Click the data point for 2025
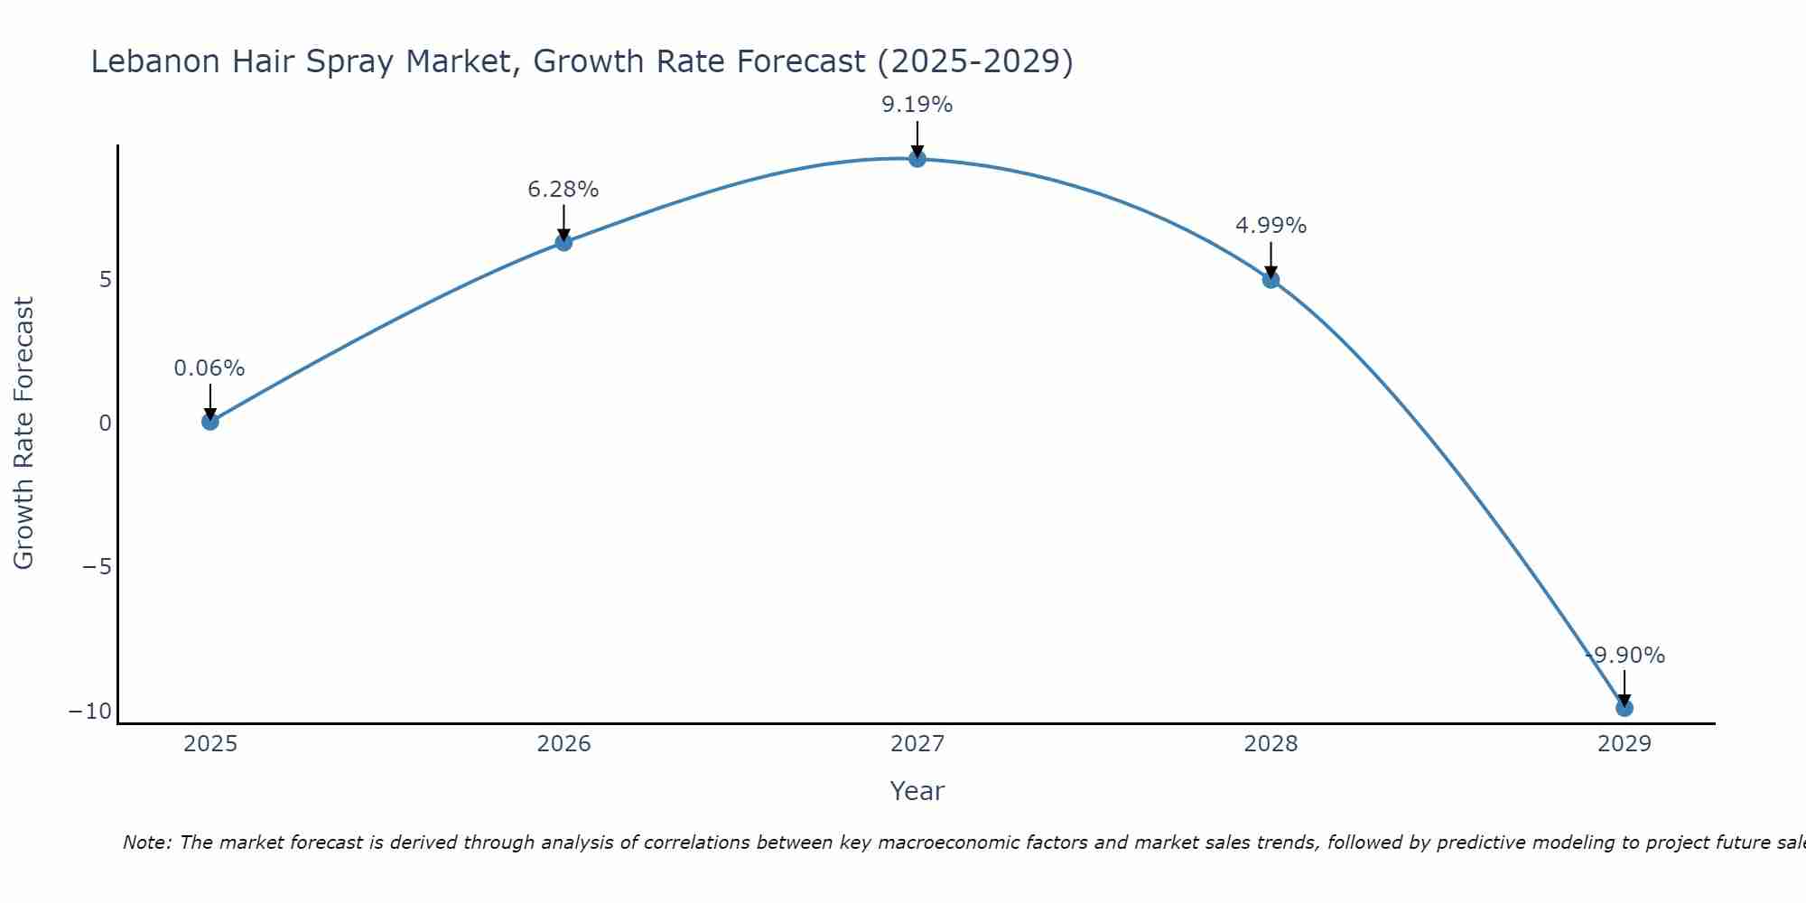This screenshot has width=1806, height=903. click(x=210, y=421)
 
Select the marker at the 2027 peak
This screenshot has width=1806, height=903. click(x=917, y=159)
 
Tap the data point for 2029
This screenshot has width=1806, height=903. click(x=1624, y=708)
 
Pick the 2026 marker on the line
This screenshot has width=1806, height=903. click(x=563, y=242)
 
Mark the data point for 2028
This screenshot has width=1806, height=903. click(x=1271, y=280)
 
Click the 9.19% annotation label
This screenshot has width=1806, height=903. click(x=917, y=105)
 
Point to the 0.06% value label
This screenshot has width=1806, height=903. click(x=209, y=368)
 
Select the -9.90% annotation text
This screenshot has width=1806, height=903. click(x=1625, y=656)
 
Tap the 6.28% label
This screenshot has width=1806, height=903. click(x=563, y=190)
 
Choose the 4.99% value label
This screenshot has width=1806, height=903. click(x=1271, y=226)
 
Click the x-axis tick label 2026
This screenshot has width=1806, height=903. click(x=563, y=744)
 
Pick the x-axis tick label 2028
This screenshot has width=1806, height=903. click(x=1271, y=744)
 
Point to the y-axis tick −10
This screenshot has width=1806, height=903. click(x=90, y=712)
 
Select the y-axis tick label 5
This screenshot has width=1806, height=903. click(x=106, y=280)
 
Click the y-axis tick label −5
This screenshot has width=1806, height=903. click(x=98, y=567)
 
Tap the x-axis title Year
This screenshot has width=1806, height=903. click(x=917, y=791)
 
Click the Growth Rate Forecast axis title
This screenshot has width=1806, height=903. click(x=23, y=433)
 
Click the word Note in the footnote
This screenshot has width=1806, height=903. click(x=145, y=842)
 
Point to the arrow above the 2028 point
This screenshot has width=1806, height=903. click(x=1271, y=260)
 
